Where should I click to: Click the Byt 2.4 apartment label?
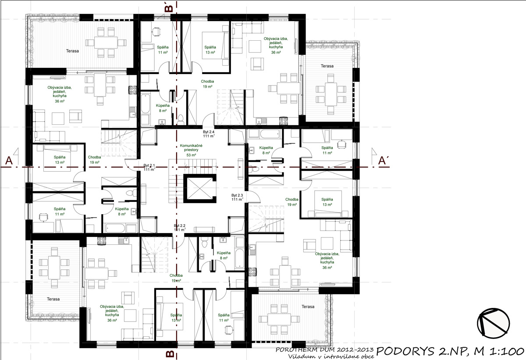[209, 132]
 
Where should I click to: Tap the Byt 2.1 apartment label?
[149, 166]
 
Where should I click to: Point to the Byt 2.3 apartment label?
[237, 195]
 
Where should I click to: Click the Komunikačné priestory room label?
[191, 147]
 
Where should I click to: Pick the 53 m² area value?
[191, 155]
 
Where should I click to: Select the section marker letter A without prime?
[8, 161]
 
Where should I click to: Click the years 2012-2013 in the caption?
[351, 350]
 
